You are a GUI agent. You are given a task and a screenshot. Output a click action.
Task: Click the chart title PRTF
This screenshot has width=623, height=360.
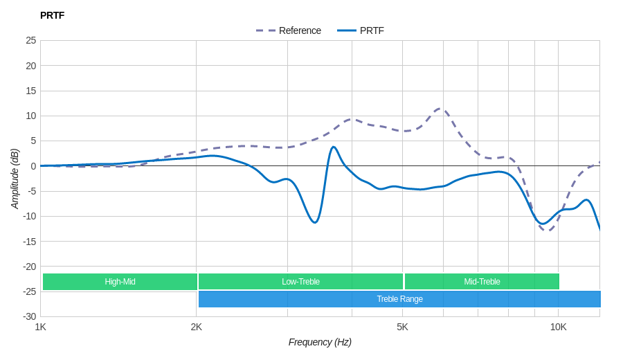point(52,15)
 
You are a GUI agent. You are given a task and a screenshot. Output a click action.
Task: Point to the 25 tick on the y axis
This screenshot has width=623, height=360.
point(31,40)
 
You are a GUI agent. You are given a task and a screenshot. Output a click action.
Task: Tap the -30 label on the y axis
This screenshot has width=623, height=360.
point(29,316)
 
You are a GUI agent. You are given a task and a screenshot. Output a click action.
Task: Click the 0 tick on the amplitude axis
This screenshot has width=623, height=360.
point(33,166)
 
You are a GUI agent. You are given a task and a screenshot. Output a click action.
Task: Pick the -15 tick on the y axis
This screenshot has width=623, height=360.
point(29,241)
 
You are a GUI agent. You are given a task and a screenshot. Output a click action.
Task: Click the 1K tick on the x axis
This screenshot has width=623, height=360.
point(41,327)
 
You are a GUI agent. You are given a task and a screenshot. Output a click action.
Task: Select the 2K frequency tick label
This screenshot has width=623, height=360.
point(197,327)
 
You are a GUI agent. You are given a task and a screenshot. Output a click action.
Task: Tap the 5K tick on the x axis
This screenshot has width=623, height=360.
point(402,327)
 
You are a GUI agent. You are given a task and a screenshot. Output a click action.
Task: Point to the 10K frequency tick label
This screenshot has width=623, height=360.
point(558,327)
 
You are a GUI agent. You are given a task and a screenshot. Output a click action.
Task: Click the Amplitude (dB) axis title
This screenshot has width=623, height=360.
point(15,179)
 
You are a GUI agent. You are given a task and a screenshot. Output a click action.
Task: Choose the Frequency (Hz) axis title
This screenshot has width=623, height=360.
point(320,342)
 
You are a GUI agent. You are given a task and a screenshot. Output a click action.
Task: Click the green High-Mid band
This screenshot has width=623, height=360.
point(120,282)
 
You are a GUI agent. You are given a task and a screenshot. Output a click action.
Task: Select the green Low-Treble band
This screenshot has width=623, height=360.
point(300,282)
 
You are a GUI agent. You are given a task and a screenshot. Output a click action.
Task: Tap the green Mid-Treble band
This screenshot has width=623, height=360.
point(482,282)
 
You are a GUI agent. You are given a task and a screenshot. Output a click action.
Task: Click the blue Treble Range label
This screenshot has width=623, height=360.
point(399,299)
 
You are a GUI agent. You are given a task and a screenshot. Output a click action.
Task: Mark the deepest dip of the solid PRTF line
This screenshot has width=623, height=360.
point(314,222)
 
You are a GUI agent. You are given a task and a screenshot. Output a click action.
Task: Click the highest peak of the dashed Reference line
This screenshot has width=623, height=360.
point(440,108)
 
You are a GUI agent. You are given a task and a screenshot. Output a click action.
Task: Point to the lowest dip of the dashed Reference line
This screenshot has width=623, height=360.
point(548,230)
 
